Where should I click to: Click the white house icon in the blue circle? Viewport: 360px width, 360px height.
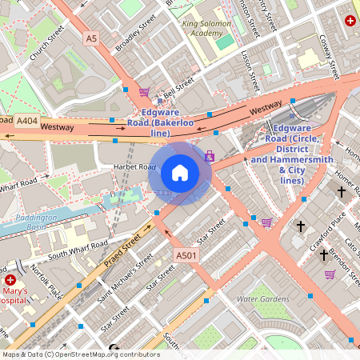(x=180, y=172)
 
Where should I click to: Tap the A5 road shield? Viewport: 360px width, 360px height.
(x=90, y=38)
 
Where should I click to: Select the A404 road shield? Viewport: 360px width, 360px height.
(x=26, y=121)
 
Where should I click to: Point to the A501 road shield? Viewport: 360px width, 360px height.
(x=186, y=255)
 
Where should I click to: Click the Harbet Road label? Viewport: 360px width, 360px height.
(x=134, y=166)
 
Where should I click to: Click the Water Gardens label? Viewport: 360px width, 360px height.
(x=263, y=298)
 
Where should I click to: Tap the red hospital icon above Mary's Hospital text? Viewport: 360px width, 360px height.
(x=10, y=280)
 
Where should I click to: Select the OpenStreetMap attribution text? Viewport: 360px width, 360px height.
(x=80, y=354)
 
